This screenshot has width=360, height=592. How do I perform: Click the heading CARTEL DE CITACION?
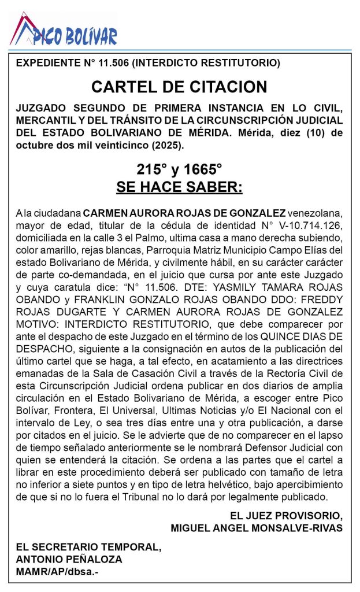click(179, 87)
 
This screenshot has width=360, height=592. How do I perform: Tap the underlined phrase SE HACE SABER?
click(179, 187)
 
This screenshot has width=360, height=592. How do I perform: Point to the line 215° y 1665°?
click(179, 170)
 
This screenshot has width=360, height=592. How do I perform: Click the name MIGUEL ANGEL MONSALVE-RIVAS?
click(257, 528)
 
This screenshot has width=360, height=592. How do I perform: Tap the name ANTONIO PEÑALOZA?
click(69, 560)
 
